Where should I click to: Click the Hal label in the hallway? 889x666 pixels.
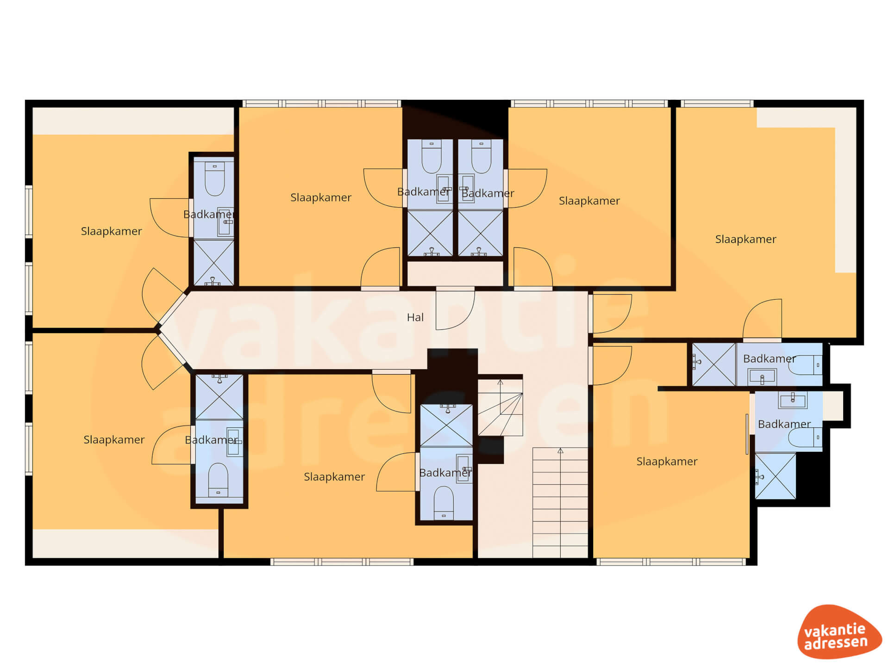[x=415, y=317]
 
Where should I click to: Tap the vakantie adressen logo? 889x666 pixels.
[x=839, y=631]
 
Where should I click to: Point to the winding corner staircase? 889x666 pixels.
[x=500, y=407]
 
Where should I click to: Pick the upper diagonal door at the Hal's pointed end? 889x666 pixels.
[x=162, y=296]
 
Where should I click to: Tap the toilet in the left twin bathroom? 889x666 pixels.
[x=432, y=156]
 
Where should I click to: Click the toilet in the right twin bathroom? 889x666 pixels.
[x=482, y=156]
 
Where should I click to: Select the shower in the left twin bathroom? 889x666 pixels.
[x=430, y=233]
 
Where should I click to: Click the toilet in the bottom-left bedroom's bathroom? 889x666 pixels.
[x=218, y=480]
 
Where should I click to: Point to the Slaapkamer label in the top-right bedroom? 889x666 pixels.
[x=745, y=239]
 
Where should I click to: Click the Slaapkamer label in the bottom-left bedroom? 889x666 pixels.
[x=114, y=439]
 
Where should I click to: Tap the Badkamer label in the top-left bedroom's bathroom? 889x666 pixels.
[x=209, y=214]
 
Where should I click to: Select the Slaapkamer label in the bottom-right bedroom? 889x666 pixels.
[x=667, y=461]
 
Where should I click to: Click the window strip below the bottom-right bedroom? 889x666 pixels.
[x=671, y=562]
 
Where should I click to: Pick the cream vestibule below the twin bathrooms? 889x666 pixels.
[x=455, y=273]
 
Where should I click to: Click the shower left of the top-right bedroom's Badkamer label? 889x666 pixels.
[x=714, y=364]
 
